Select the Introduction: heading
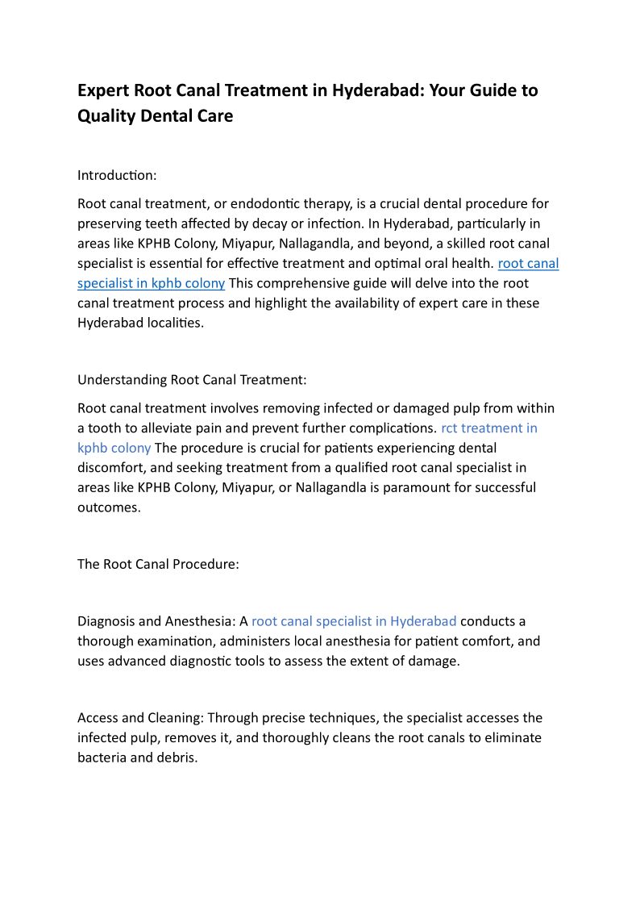click(117, 175)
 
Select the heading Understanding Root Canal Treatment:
click(192, 380)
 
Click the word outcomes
click(109, 507)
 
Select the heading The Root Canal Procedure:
click(158, 564)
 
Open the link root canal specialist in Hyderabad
click(354, 621)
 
